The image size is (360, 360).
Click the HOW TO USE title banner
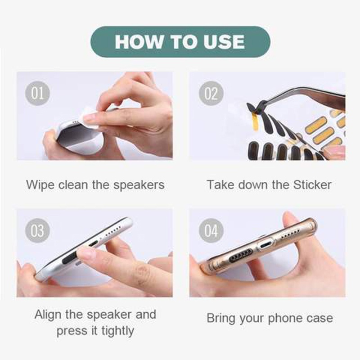(x=180, y=42)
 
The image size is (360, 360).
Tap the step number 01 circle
(x=38, y=93)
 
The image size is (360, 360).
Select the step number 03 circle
(x=38, y=230)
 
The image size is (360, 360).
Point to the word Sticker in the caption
(x=313, y=184)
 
